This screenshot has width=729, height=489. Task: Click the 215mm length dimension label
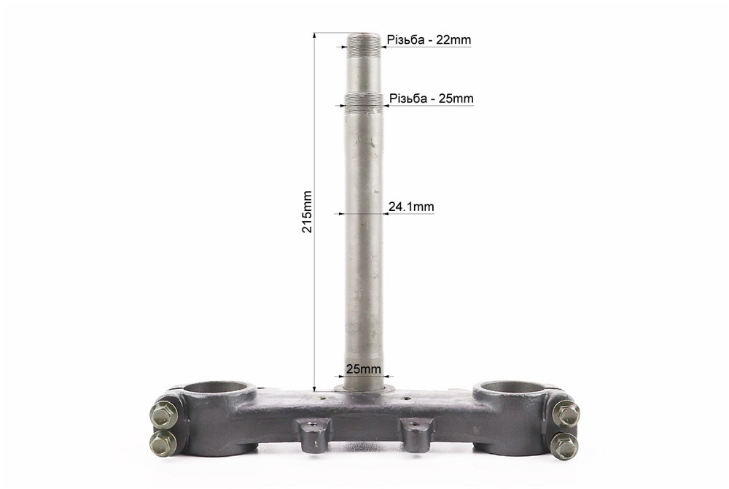(308, 211)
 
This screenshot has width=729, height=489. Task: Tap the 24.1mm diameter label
(411, 207)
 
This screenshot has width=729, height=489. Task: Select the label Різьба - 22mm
(429, 40)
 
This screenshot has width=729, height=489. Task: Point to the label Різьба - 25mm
(432, 99)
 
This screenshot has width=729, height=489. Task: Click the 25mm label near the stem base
(364, 369)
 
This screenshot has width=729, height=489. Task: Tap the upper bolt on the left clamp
(164, 414)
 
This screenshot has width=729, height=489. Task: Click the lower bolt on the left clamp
(163, 443)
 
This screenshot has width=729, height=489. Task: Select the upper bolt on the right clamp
(566, 413)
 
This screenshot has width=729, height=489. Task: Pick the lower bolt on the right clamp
(564, 445)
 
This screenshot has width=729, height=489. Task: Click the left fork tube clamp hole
(220, 388)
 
